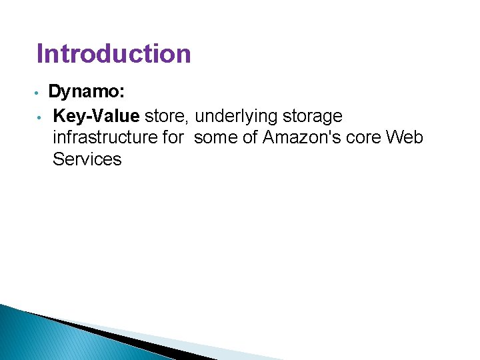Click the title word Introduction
coord(113,53)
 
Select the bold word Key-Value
coord(96,116)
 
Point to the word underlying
coord(237,117)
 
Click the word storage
coord(313,117)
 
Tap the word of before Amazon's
coord(251,137)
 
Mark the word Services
coord(87,159)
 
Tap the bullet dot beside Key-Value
coord(39,117)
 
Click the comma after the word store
coord(192,121)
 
